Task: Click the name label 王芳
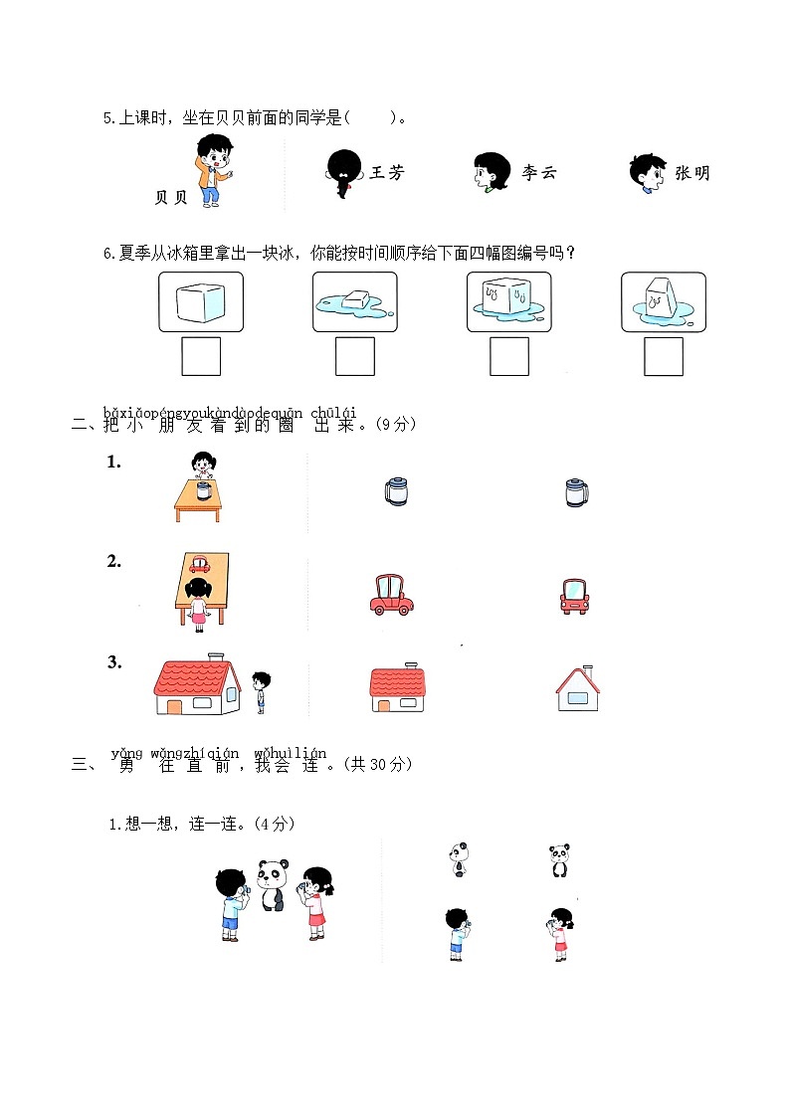387,173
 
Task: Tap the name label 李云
539,173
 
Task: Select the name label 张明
692,173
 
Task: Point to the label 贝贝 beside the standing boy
171,198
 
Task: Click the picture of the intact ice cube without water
201,301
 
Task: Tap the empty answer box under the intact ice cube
201,357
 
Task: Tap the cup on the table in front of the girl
203,489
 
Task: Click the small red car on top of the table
202,563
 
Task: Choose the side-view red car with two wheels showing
390,594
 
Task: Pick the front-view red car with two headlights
574,595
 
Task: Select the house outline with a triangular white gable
578,688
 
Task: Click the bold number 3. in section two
114,661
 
